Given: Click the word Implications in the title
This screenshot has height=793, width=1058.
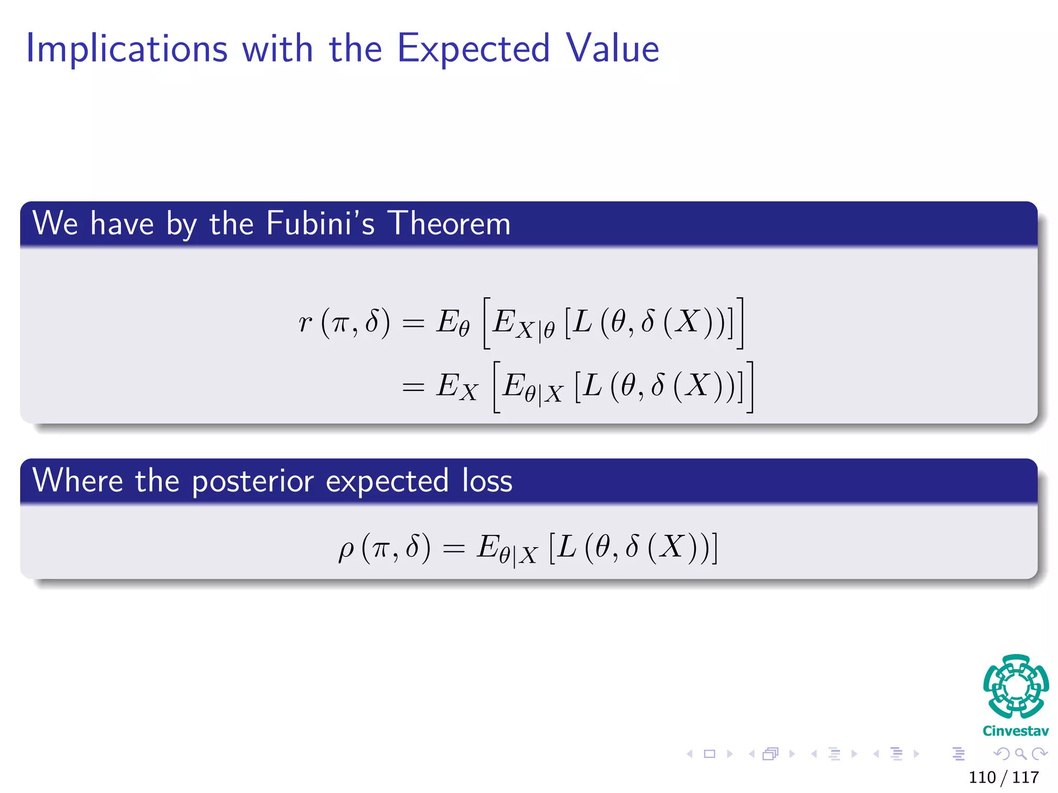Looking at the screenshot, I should [x=127, y=49].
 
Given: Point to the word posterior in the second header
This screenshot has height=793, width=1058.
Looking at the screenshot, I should [x=253, y=481].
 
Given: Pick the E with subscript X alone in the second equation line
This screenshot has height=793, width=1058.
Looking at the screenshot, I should [x=457, y=387].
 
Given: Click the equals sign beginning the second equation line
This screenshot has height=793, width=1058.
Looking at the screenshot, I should [x=413, y=387].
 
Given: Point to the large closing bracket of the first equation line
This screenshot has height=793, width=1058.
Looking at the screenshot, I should [x=740, y=323].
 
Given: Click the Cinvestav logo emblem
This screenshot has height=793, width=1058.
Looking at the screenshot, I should [x=1016, y=686].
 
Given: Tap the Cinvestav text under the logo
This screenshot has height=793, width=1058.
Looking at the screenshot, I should [x=1016, y=731].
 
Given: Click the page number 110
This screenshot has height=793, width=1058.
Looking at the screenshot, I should [x=982, y=777].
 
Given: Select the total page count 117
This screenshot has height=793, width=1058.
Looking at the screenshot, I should [x=1025, y=777].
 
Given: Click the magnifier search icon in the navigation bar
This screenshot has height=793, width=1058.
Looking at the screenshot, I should [x=1020, y=754].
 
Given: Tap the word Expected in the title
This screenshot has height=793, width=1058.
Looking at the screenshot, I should [x=473, y=49].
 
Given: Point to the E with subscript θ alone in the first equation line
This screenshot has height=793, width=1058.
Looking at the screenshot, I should [x=453, y=323].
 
